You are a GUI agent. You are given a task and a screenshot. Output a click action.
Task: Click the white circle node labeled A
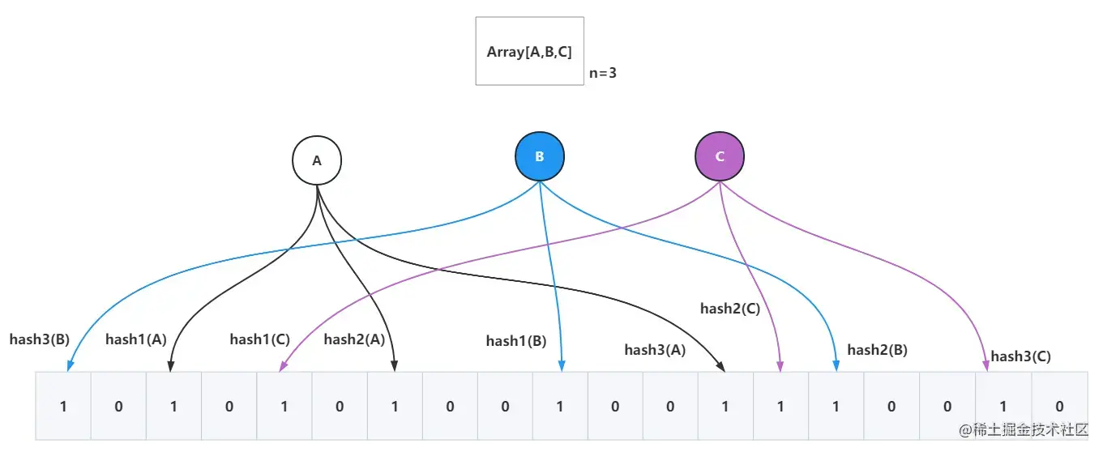click(x=317, y=160)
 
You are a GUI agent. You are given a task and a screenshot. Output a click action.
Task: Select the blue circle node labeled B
click(x=540, y=156)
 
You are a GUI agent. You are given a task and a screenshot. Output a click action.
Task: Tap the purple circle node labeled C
click(x=720, y=156)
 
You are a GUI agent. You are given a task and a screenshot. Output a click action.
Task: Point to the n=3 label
click(x=603, y=73)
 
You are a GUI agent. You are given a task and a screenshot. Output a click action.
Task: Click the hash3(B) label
click(x=40, y=339)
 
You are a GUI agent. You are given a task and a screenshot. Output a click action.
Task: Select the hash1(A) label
click(x=136, y=339)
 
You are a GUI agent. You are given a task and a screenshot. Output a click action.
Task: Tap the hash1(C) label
click(x=260, y=339)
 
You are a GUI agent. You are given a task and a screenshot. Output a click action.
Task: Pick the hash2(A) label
click(x=354, y=339)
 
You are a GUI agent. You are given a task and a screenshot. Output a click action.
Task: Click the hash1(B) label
click(x=516, y=341)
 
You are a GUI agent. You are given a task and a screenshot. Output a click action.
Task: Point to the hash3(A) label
click(x=655, y=350)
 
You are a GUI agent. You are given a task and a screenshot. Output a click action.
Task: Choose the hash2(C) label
click(x=730, y=309)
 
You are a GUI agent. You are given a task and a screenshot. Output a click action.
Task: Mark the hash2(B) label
click(x=878, y=350)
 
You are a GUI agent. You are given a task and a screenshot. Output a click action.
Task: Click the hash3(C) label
click(x=1021, y=356)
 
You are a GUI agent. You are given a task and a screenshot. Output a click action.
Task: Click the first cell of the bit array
click(x=63, y=406)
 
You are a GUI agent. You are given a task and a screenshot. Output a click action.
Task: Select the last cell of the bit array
click(x=1060, y=406)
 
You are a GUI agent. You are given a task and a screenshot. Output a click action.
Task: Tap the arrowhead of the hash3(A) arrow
click(x=721, y=367)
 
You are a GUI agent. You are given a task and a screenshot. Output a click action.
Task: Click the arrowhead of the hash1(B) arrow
click(x=562, y=366)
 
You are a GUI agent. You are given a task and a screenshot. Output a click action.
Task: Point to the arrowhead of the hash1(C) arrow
click(x=283, y=366)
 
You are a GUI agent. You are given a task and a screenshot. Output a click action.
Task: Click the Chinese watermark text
click(x=1024, y=430)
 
